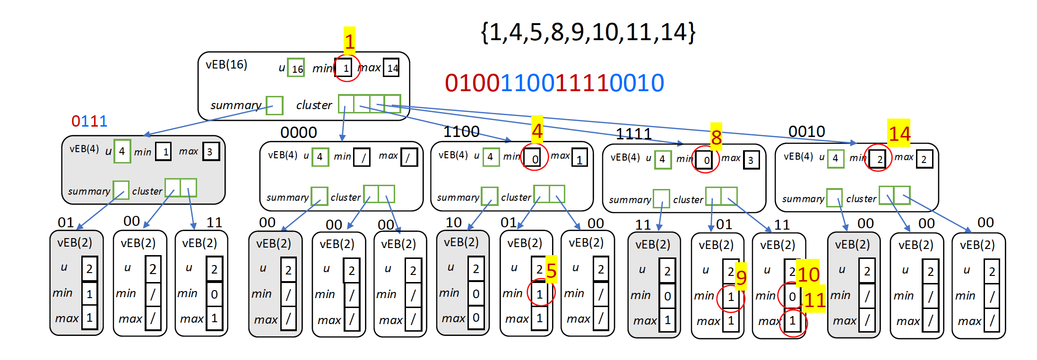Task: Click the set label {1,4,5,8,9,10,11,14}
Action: click(588, 32)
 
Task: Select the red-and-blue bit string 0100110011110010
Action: click(554, 83)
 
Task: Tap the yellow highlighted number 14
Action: click(899, 134)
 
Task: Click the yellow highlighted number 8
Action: click(716, 137)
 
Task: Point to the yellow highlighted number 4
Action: click(537, 130)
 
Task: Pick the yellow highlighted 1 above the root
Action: click(349, 41)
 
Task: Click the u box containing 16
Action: click(296, 68)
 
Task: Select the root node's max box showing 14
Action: click(392, 68)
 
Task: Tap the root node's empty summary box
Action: click(275, 105)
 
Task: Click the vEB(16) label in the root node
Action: click(226, 64)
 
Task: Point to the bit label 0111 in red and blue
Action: click(89, 121)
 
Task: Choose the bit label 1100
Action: click(461, 131)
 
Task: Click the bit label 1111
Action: click(634, 134)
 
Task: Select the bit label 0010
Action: click(807, 131)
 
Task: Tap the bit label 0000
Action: click(299, 132)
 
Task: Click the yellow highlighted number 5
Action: click(551, 270)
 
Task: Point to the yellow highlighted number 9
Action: click(741, 277)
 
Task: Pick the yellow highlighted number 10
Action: click(808, 274)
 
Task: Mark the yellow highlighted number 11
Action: click(814, 299)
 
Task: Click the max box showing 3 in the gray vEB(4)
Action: click(211, 152)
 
